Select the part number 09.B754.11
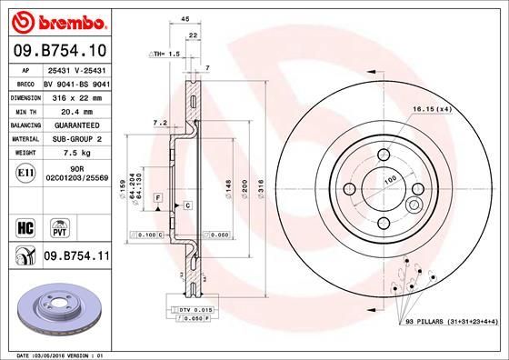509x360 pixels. point(75,257)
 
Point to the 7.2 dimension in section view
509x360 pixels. point(157,122)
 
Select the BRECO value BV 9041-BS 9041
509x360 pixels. point(75,80)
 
